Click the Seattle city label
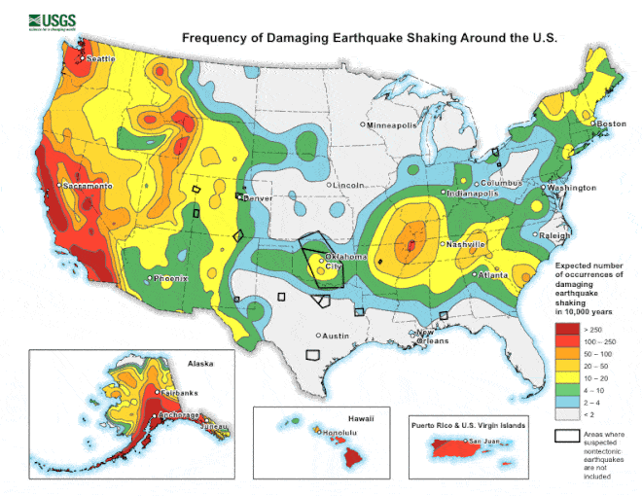click(x=100, y=59)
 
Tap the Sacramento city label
click(x=89, y=186)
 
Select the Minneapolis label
click(x=392, y=125)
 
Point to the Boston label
click(x=611, y=124)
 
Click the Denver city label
click(x=258, y=197)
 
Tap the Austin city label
click(x=335, y=336)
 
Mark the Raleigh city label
click(x=554, y=235)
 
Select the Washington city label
click(x=572, y=188)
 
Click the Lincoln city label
click(x=348, y=185)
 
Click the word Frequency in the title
click(x=219, y=39)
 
